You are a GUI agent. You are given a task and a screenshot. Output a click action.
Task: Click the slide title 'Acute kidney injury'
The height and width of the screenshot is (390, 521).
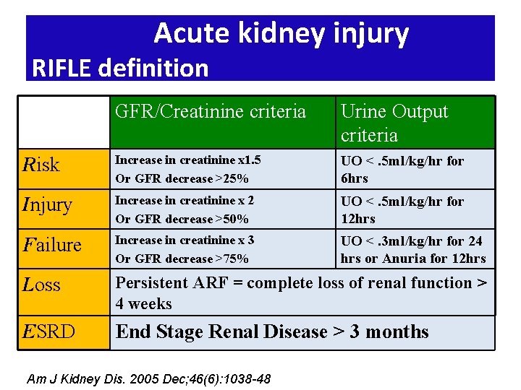tap(281, 33)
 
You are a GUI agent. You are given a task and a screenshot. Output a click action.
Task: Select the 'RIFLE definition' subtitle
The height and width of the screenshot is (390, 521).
tap(120, 68)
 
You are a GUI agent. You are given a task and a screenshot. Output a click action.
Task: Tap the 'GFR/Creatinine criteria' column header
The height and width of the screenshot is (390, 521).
tap(211, 111)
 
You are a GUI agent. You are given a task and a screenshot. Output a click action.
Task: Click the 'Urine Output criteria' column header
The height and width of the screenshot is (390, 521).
tap(394, 123)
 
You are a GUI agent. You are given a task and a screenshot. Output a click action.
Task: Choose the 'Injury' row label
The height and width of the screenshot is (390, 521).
tap(48, 205)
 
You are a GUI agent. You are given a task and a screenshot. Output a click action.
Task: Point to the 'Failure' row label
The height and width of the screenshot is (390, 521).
tap(52, 245)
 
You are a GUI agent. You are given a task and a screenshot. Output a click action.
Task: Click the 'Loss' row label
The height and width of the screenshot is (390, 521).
tap(43, 285)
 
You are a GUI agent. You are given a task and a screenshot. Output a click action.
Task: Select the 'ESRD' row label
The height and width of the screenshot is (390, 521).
tap(49, 331)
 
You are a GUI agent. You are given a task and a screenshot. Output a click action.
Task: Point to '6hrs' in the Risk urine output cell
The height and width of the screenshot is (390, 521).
tap(355, 178)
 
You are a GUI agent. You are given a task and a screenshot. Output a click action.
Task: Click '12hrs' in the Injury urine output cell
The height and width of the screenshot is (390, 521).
tap(358, 219)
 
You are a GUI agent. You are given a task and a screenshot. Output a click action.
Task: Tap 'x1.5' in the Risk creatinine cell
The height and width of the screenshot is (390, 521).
tap(250, 160)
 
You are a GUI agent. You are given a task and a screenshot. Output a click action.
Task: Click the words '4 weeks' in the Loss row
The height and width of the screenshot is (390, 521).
tap(144, 304)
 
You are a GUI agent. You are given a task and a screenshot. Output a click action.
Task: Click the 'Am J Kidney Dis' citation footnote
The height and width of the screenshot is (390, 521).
tap(148, 378)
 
